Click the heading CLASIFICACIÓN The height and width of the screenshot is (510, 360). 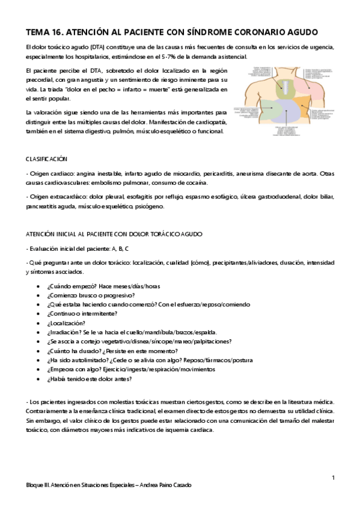[47, 159]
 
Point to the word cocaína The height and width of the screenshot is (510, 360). [195, 182]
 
